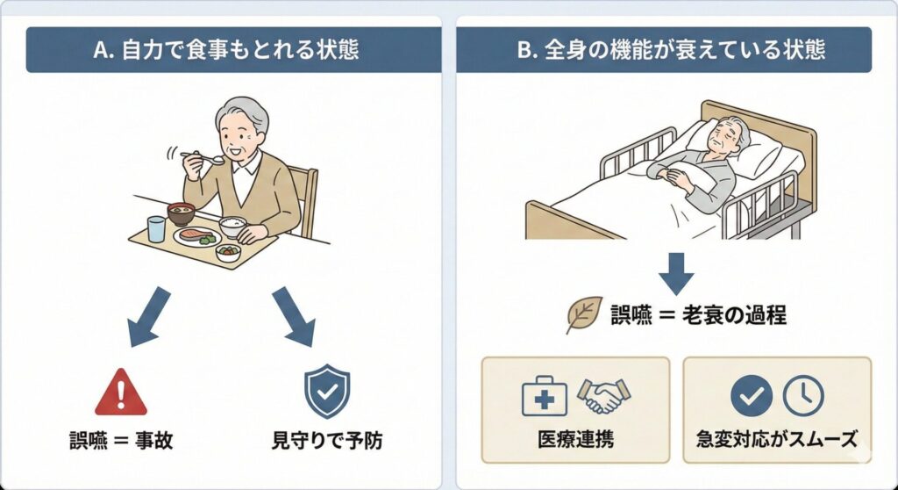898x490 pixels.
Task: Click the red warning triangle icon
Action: (121, 392)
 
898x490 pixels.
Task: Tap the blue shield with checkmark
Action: (327, 391)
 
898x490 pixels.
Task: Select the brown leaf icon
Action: (583, 313)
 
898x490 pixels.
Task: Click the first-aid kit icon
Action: (544, 396)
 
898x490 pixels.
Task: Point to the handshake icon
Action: (603, 396)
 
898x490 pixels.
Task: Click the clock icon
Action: (803, 395)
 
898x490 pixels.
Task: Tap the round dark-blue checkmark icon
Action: (752, 395)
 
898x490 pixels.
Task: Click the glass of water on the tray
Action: (156, 229)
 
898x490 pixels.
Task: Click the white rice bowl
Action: (233, 226)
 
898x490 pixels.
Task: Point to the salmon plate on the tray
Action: (197, 236)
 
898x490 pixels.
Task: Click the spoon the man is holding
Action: (203, 156)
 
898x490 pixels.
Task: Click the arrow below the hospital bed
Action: (676, 274)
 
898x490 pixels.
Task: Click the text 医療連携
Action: (575, 440)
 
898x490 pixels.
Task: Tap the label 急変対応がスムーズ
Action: (777, 440)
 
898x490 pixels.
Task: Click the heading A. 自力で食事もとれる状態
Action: (226, 50)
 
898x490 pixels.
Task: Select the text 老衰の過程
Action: (734, 315)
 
